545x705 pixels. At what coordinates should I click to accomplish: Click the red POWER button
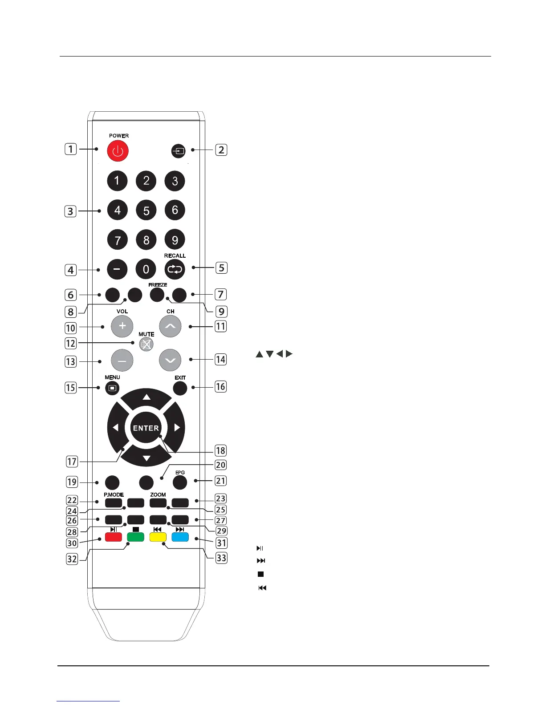coord(118,151)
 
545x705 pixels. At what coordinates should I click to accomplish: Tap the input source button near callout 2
coord(178,151)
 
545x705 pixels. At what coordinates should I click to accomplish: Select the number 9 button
coord(175,240)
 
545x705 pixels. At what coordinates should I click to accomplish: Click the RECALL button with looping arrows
coord(175,269)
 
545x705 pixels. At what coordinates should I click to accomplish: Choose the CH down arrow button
coord(170,360)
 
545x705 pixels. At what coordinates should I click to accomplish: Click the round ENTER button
coord(146,428)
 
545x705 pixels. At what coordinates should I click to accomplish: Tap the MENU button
coord(112,388)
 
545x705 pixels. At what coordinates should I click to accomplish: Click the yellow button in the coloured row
coord(158,536)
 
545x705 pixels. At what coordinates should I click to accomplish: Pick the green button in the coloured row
coord(136,536)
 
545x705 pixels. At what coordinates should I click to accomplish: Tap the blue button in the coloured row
coord(180,536)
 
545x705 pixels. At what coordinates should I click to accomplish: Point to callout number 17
coord(72,462)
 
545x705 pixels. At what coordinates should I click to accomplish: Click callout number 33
coord(221,558)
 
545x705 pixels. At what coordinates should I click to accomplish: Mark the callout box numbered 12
coord(71,343)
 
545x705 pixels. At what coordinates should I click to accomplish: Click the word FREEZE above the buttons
coord(158,285)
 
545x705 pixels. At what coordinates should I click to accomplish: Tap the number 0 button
coord(146,269)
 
